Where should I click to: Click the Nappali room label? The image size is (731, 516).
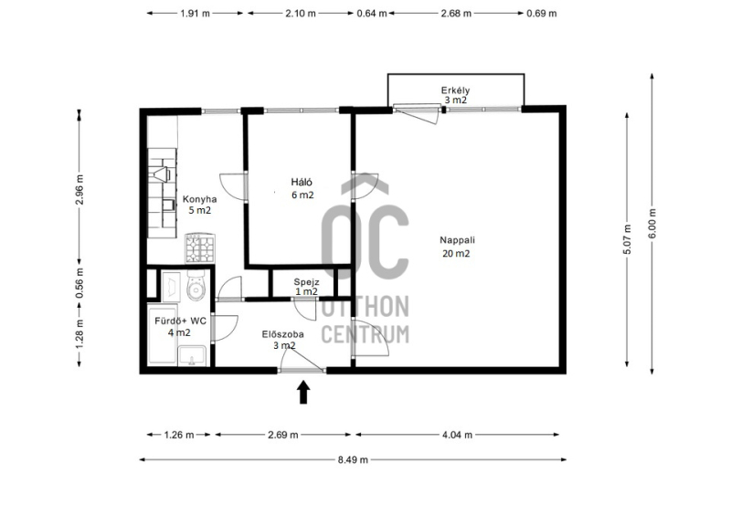457,240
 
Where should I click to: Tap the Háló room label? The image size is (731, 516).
302,183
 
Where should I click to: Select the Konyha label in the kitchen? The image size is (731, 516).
199,199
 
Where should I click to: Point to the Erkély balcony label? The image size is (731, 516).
455,90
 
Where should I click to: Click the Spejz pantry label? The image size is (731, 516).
306,282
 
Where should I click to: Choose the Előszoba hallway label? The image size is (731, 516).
283,334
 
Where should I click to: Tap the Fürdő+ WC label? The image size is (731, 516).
180,321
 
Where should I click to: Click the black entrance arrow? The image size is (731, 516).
303,392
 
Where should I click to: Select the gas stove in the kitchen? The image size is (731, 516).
200,248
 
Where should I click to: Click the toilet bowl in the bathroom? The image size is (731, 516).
196,285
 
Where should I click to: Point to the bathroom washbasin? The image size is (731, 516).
192,355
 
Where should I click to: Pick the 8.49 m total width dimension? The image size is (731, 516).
353,460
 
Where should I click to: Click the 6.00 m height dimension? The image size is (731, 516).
652,223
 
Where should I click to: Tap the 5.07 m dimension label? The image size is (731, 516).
627,239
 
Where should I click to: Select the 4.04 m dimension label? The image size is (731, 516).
457,435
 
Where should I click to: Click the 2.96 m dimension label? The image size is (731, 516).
79,189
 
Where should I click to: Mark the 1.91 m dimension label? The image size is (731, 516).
196,14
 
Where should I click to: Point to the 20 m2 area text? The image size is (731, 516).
456,254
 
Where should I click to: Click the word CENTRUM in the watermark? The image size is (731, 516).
365,334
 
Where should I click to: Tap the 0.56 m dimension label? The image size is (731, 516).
79,283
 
